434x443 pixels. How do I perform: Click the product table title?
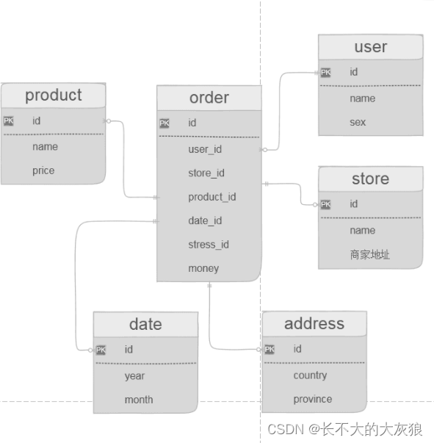point(53,96)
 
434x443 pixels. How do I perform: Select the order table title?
point(209,98)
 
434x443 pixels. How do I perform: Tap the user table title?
point(370,47)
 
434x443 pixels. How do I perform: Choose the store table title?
point(370,179)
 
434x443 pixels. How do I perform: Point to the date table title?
point(145,324)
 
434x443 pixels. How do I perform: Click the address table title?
point(314,323)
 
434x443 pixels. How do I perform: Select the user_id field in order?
point(205,150)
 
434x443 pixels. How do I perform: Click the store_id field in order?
point(206,173)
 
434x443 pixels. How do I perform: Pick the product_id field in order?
point(211,197)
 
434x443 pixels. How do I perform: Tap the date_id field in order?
point(205,220)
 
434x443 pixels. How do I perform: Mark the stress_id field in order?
point(209,245)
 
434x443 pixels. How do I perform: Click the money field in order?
point(203,268)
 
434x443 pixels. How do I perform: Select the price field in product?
point(43,170)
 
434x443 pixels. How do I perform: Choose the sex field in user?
point(358,122)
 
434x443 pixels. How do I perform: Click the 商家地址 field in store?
point(370,254)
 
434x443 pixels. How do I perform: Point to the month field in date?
point(139,400)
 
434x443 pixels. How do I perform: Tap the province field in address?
point(313,399)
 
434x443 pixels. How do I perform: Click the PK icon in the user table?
point(325,73)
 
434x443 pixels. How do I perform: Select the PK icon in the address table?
point(270,350)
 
